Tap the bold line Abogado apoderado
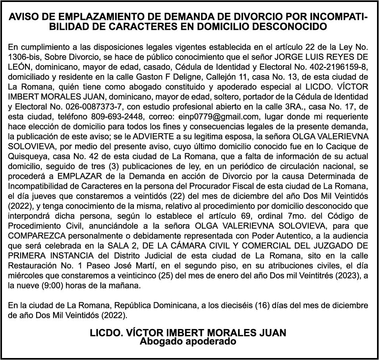pyautogui.click(x=188, y=341)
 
